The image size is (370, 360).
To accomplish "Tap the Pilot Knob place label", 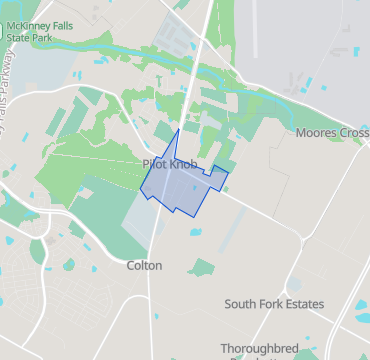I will pos(170,164).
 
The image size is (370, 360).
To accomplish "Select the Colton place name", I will pos(144,266).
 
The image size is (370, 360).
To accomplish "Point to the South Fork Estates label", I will pos(274,304).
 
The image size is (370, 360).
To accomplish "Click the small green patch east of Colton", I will pos(202,267).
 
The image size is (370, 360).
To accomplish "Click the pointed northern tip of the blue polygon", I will pos(178,130).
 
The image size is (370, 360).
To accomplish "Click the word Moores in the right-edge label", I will pos(317,133).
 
